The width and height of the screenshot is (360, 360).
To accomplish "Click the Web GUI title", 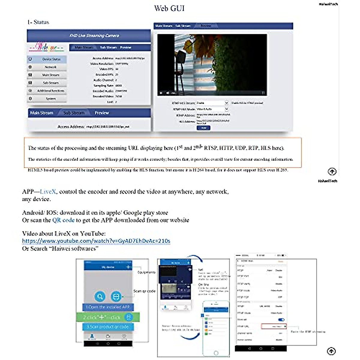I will [169, 8].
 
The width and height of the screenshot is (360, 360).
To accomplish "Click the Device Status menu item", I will [51, 59].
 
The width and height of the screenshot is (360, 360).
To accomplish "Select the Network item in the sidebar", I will [50, 67].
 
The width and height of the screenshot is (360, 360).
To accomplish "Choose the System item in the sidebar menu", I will [50, 99].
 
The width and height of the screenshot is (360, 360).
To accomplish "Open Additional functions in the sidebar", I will [50, 91].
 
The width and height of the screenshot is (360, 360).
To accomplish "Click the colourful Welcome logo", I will [46, 47].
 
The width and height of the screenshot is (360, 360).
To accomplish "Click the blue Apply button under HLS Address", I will [203, 128].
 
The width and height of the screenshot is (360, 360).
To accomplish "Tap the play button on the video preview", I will [161, 93].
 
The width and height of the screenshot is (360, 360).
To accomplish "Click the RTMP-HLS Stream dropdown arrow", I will [226, 103].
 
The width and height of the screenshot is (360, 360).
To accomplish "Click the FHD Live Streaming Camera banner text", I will [94, 35].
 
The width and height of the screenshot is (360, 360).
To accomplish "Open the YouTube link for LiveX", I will [96, 241].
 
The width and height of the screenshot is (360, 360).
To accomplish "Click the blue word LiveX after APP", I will [48, 192].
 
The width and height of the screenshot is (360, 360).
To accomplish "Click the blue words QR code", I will [63, 220].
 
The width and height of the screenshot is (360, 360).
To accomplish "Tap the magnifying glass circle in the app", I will [100, 296].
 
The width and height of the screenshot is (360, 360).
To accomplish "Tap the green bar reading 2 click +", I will [108, 317].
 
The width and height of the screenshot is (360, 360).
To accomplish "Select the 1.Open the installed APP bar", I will [108, 307].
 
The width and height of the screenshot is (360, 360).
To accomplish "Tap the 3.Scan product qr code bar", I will [108, 327].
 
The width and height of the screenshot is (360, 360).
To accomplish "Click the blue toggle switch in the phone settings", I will [281, 320].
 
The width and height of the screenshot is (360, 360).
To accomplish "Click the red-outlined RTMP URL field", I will [274, 326].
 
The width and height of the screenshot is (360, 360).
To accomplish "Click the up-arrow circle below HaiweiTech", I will [332, 172].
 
